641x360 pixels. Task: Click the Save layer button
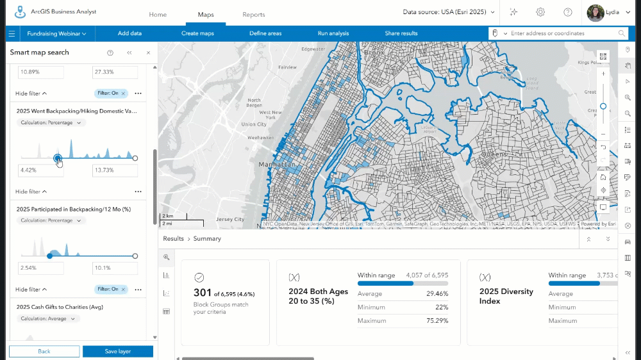pos(118,351)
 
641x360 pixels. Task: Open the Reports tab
pos(253,15)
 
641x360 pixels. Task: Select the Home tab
pos(158,15)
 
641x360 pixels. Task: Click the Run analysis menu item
pos(333,33)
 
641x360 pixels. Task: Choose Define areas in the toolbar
pos(265,33)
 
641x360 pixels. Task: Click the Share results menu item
pos(401,33)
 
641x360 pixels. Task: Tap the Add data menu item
pos(129,33)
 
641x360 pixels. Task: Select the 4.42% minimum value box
pos(40,170)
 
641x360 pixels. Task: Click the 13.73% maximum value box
pos(115,170)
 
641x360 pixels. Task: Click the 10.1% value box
pos(115,268)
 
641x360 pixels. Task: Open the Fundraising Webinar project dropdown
pos(57,33)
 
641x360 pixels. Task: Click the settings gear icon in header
pos(540,12)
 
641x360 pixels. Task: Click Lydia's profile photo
pos(595,12)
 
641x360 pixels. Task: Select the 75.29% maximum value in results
pos(436,320)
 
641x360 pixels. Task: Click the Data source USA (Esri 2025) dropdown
pos(449,12)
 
